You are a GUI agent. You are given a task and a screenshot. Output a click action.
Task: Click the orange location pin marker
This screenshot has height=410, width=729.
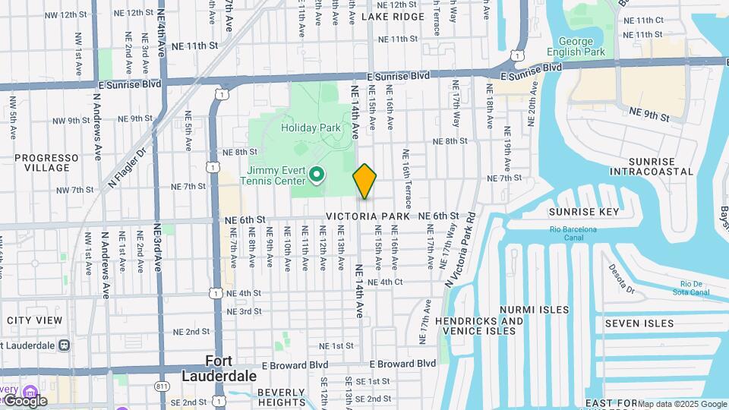click(x=364, y=181)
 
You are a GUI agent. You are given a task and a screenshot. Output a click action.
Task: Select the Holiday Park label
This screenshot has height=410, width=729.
click(x=311, y=128)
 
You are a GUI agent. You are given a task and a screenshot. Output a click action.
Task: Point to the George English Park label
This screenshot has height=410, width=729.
click(x=582, y=47)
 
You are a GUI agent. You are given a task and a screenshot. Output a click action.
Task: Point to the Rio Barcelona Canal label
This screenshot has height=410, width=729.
click(x=574, y=233)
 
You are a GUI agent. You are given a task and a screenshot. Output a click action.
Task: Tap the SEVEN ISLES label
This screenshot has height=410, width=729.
click(x=639, y=323)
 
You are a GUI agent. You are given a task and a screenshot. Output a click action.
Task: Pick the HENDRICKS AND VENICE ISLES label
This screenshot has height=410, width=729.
click(x=480, y=326)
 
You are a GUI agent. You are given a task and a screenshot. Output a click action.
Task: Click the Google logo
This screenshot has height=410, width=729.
click(x=24, y=401)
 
